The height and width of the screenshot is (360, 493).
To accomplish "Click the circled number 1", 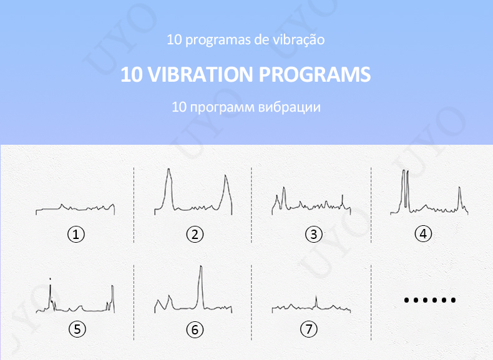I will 76,235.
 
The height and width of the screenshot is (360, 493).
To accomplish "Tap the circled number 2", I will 195,235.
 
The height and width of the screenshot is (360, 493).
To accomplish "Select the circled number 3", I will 313,235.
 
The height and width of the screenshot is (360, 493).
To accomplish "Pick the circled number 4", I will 423,234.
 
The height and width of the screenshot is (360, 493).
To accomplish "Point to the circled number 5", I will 76,329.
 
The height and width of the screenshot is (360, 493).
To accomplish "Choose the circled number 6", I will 195,329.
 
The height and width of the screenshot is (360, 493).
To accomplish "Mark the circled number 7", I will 308,328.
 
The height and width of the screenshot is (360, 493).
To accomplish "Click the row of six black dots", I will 429,300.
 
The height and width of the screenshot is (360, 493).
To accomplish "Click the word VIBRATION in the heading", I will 199,75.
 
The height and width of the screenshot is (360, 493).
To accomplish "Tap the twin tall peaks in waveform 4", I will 406,184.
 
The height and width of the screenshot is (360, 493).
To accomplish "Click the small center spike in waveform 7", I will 315,300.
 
